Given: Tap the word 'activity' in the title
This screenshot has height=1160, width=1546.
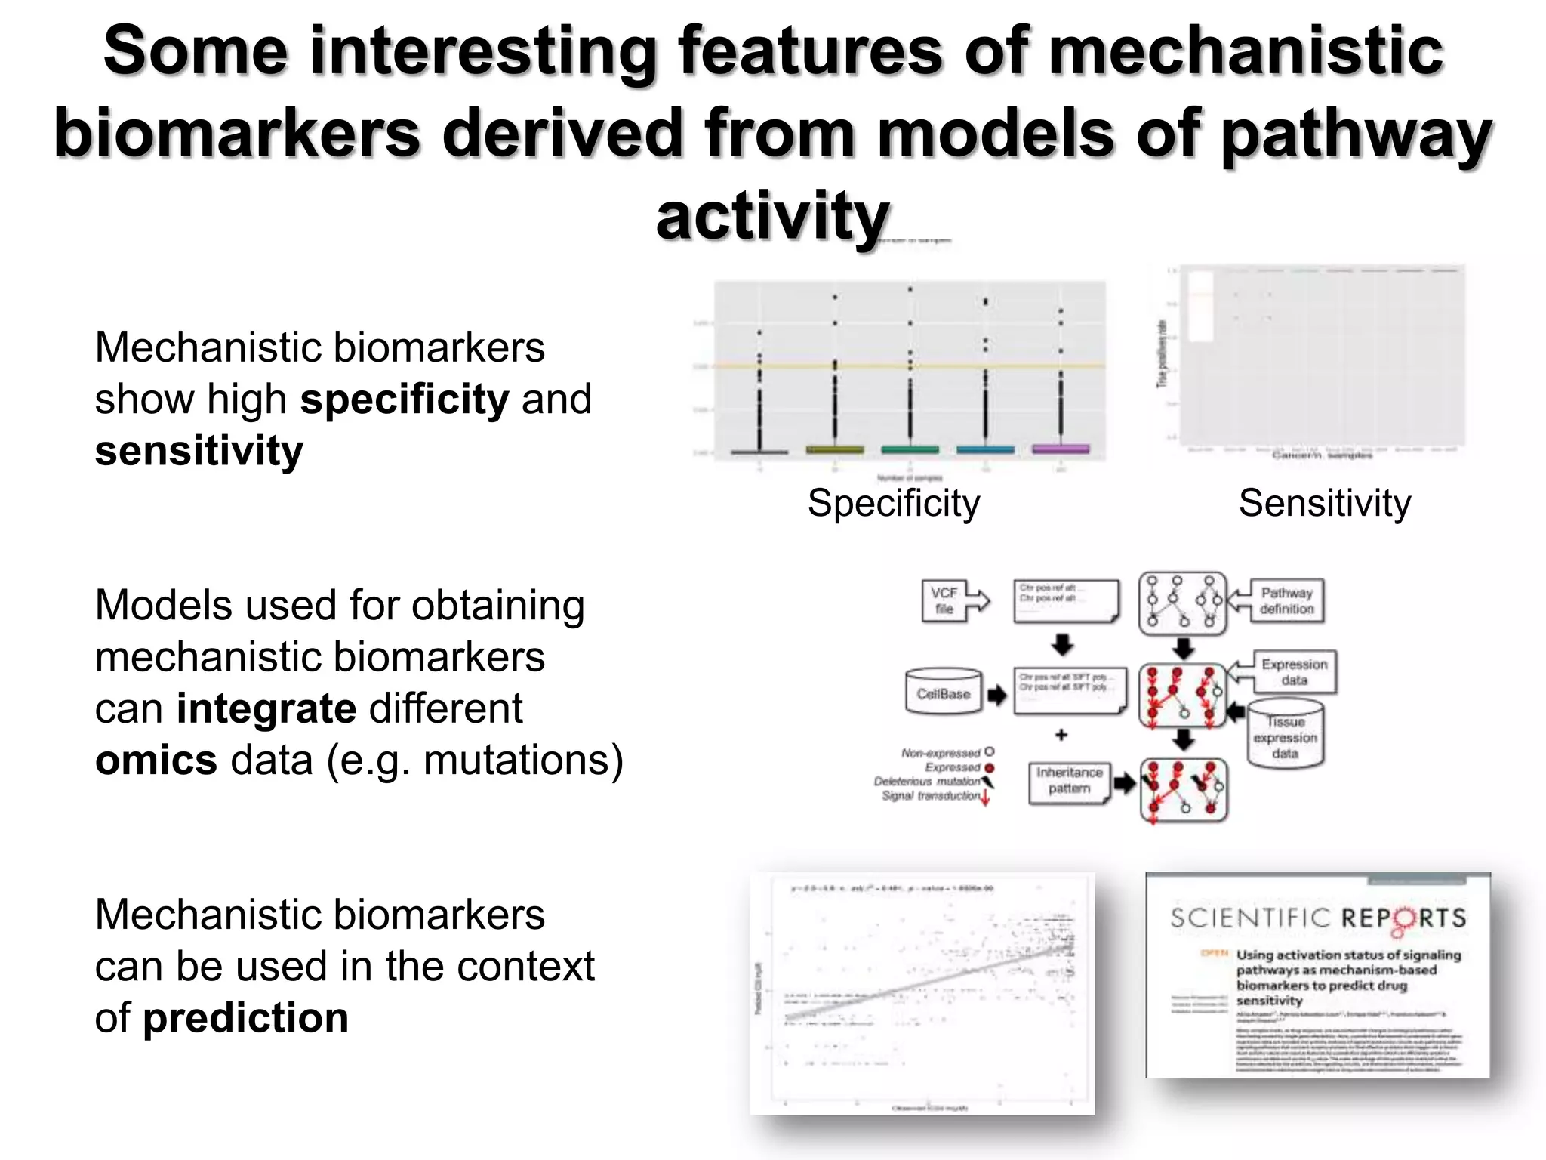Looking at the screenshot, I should tap(772, 216).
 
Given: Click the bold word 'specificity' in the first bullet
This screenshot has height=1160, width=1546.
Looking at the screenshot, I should tap(405, 399).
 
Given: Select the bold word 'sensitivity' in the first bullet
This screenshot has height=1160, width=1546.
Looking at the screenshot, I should tap(199, 451).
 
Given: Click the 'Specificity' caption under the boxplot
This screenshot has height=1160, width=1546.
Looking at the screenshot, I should tap(894, 503).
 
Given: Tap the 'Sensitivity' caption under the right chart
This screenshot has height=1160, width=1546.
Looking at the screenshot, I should tap(1325, 503).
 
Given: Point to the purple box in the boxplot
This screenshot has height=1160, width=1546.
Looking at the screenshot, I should tap(1061, 449).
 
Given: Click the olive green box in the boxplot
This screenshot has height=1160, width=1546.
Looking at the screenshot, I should tap(835, 449).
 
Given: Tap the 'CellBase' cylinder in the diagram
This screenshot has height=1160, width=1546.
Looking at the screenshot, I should tap(944, 693).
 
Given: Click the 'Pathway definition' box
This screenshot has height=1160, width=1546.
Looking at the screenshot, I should tap(1286, 601).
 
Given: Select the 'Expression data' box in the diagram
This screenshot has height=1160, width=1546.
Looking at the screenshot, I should tap(1294, 671).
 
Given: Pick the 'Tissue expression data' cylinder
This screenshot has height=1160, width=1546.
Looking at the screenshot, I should tap(1285, 736).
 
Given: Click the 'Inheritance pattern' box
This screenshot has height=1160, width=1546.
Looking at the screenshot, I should tap(1069, 781).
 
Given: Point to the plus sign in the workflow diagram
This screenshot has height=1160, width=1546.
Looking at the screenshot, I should tap(1061, 734).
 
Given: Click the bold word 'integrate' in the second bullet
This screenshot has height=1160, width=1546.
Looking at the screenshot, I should tap(266, 708).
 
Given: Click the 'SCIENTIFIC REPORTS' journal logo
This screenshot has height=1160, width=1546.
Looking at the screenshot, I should tap(1318, 918).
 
